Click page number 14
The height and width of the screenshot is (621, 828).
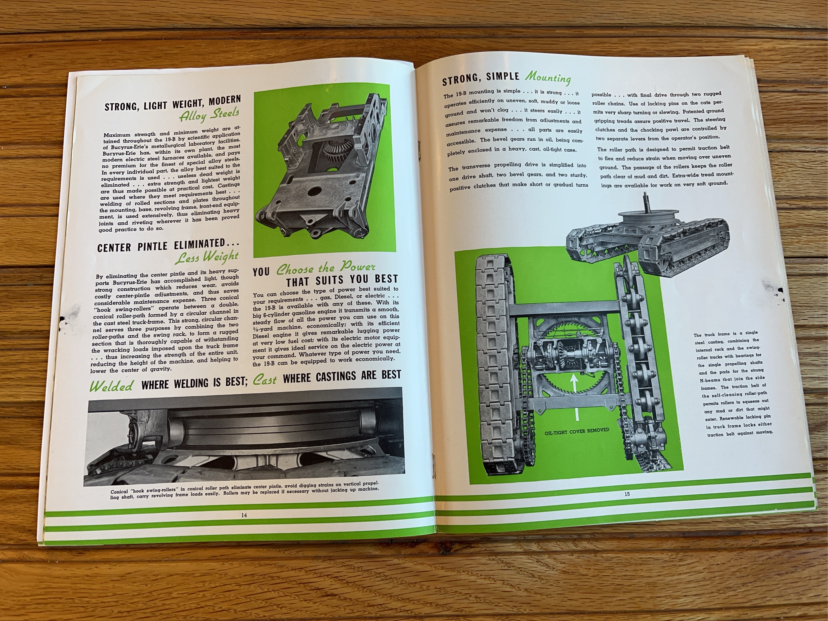coord(244,515)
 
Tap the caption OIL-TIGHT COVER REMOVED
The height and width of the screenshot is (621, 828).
coord(577,430)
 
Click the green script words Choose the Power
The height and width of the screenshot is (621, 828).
coord(326,268)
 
